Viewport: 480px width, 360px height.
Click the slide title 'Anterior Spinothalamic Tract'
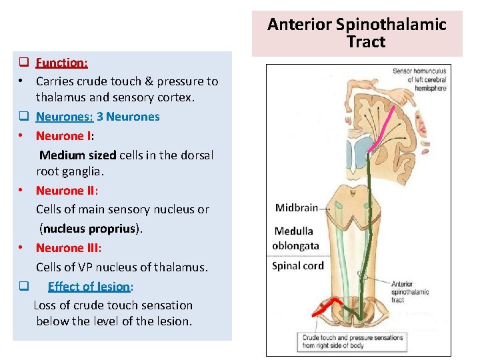click(357, 33)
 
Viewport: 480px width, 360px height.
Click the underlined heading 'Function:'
click(62, 63)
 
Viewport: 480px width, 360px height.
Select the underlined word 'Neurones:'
click(64, 117)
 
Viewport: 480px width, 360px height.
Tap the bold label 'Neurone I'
click(63, 136)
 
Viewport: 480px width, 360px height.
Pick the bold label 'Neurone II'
click(66, 191)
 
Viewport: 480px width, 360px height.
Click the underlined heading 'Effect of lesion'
click(89, 287)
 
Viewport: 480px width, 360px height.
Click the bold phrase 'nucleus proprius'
click(91, 229)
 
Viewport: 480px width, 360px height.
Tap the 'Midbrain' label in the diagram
click(296, 208)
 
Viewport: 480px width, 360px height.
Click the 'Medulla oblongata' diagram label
click(295, 239)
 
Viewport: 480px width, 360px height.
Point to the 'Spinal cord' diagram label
click(297, 266)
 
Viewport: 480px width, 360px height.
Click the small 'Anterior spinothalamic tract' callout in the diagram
click(407, 291)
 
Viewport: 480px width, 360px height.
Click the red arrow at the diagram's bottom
click(325, 308)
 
